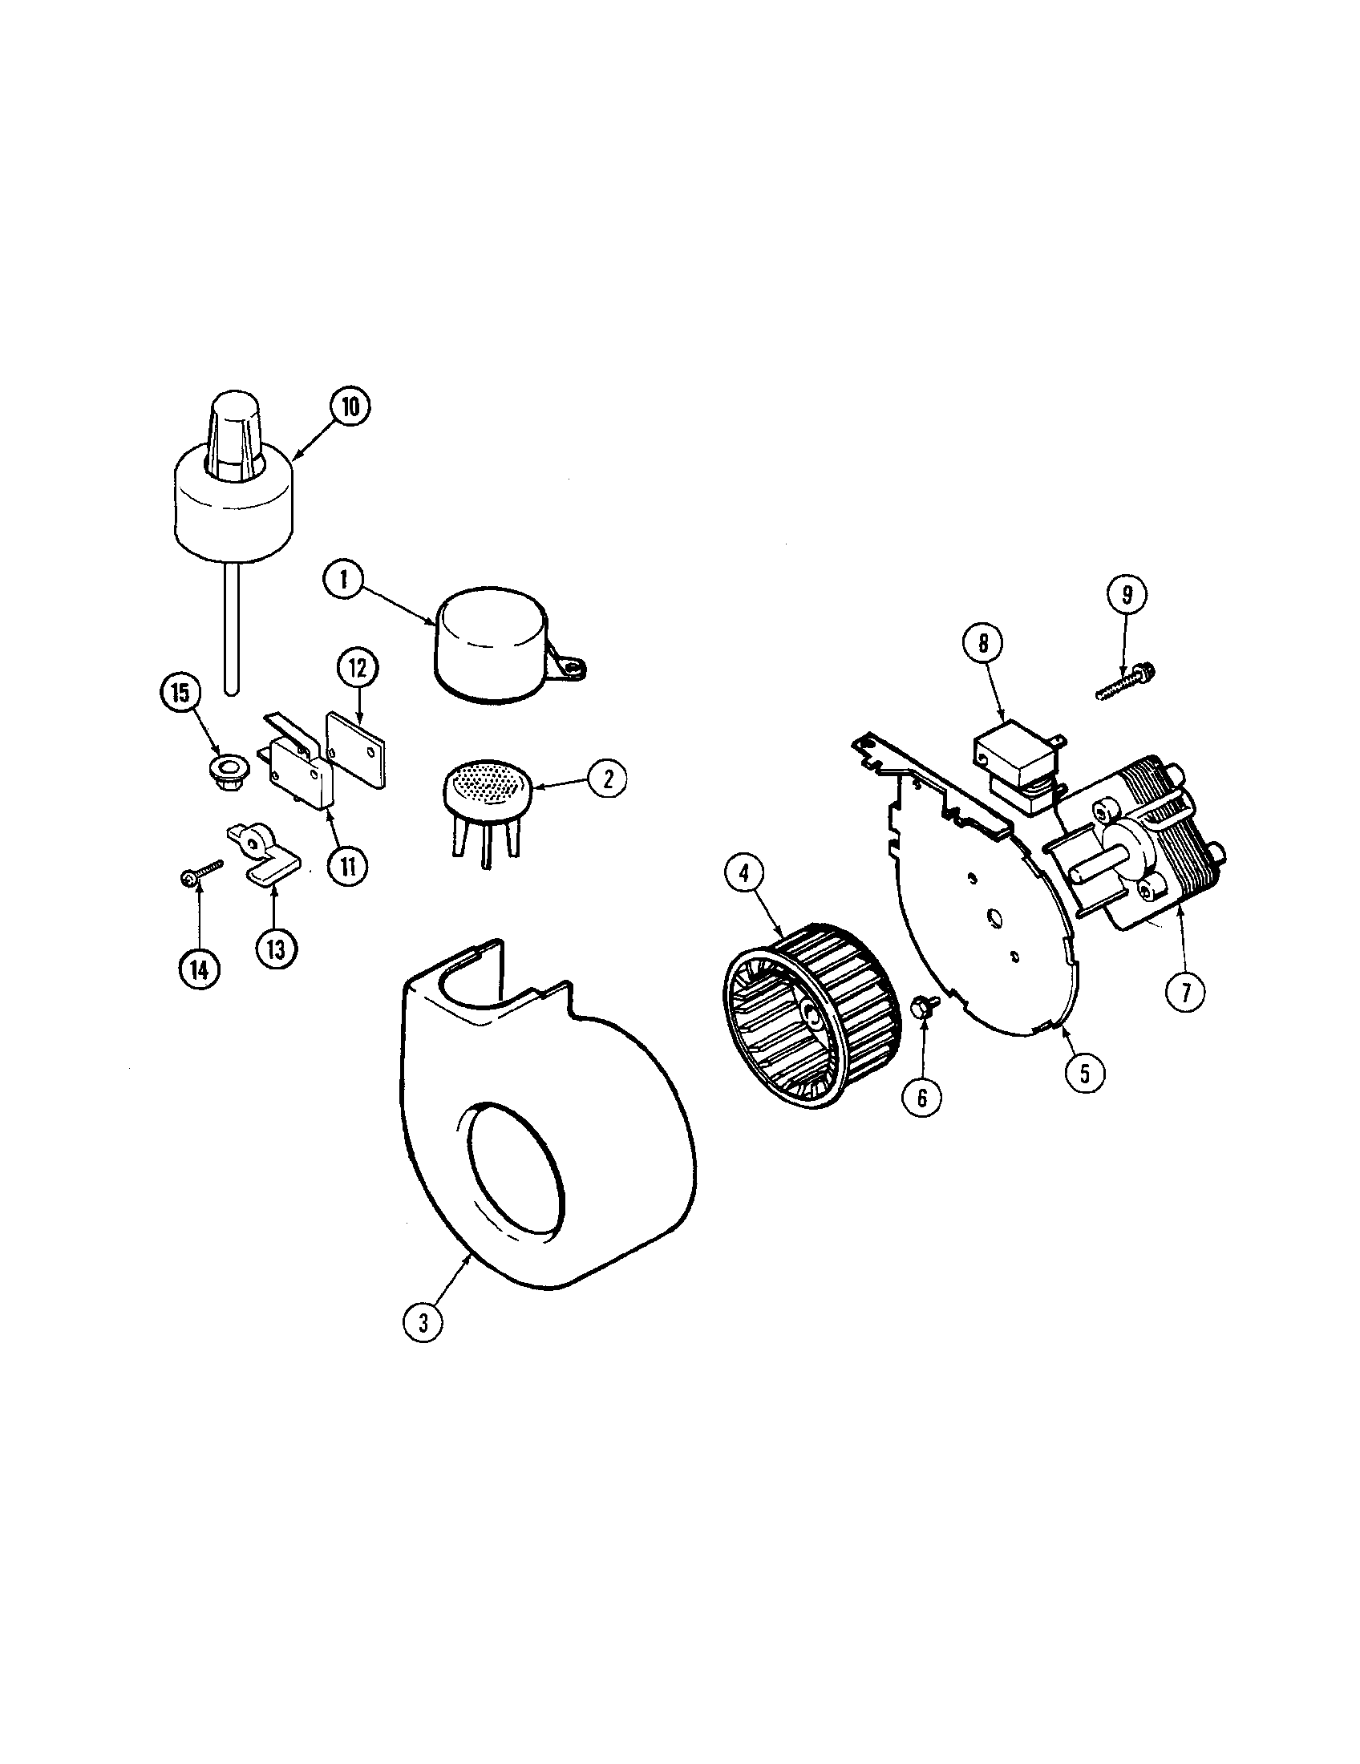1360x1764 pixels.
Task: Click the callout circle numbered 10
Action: (349, 407)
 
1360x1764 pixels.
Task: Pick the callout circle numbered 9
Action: (1127, 594)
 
